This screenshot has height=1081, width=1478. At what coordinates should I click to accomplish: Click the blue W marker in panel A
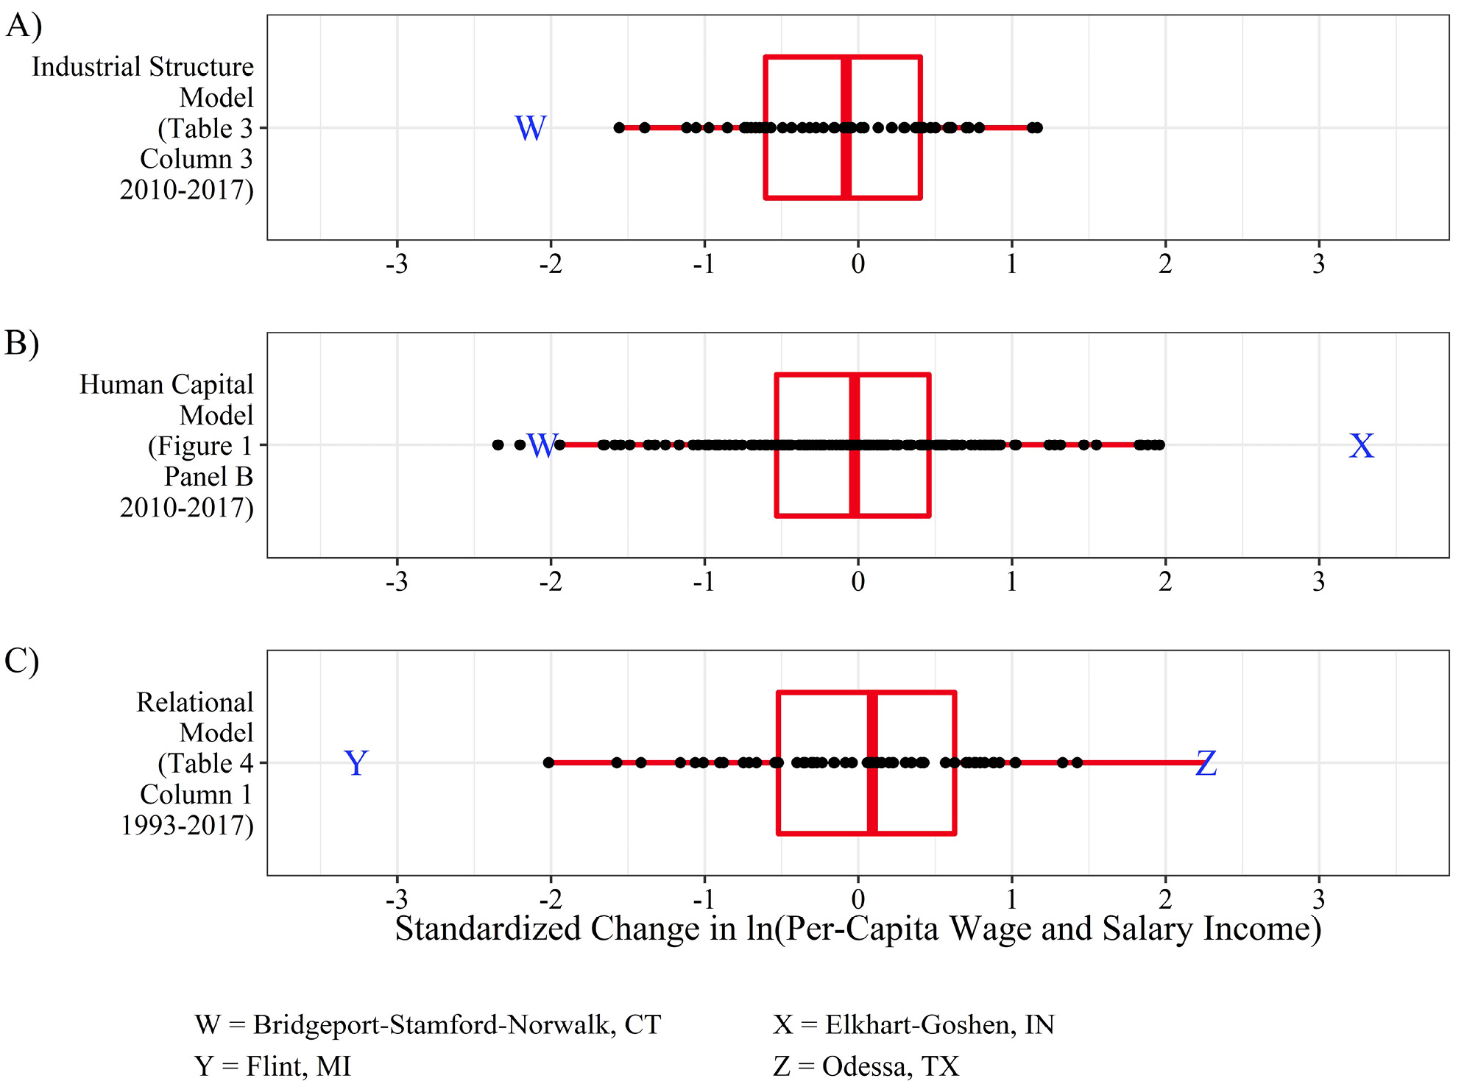click(530, 129)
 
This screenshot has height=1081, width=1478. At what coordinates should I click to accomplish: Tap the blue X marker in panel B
click(1361, 446)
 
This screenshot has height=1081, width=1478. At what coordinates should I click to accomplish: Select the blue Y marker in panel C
click(356, 764)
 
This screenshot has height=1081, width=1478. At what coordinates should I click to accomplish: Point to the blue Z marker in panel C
click(1206, 764)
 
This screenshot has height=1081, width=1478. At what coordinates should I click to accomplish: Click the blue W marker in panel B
click(542, 446)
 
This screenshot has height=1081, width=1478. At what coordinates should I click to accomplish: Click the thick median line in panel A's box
click(846, 127)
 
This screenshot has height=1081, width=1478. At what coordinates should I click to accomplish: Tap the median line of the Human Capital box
click(855, 445)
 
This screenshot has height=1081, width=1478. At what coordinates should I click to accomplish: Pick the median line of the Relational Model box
click(872, 763)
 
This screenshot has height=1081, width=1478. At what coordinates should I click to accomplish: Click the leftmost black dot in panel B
click(498, 445)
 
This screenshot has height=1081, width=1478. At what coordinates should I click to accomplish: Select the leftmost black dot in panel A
click(619, 128)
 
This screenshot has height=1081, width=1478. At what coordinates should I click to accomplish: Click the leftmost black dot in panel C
click(548, 763)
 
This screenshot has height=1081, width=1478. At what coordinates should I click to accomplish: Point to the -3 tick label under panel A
click(397, 264)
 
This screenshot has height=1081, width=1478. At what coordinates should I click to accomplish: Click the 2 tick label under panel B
click(1165, 582)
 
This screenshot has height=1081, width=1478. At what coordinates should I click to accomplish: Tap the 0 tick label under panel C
click(858, 899)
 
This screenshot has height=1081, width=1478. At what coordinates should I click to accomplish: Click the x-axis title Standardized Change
click(858, 929)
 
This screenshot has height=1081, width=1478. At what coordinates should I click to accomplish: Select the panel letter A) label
click(24, 26)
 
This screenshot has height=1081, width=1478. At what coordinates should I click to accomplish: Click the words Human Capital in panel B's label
click(166, 384)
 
